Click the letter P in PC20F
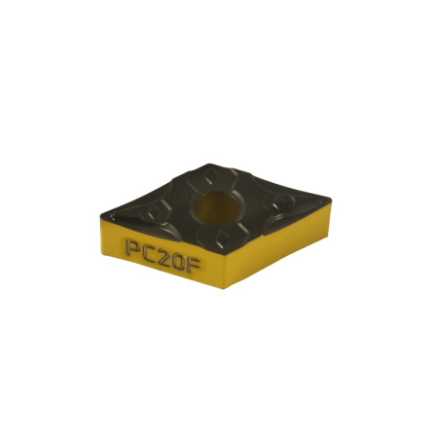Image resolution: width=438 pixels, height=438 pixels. (x=131, y=248)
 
